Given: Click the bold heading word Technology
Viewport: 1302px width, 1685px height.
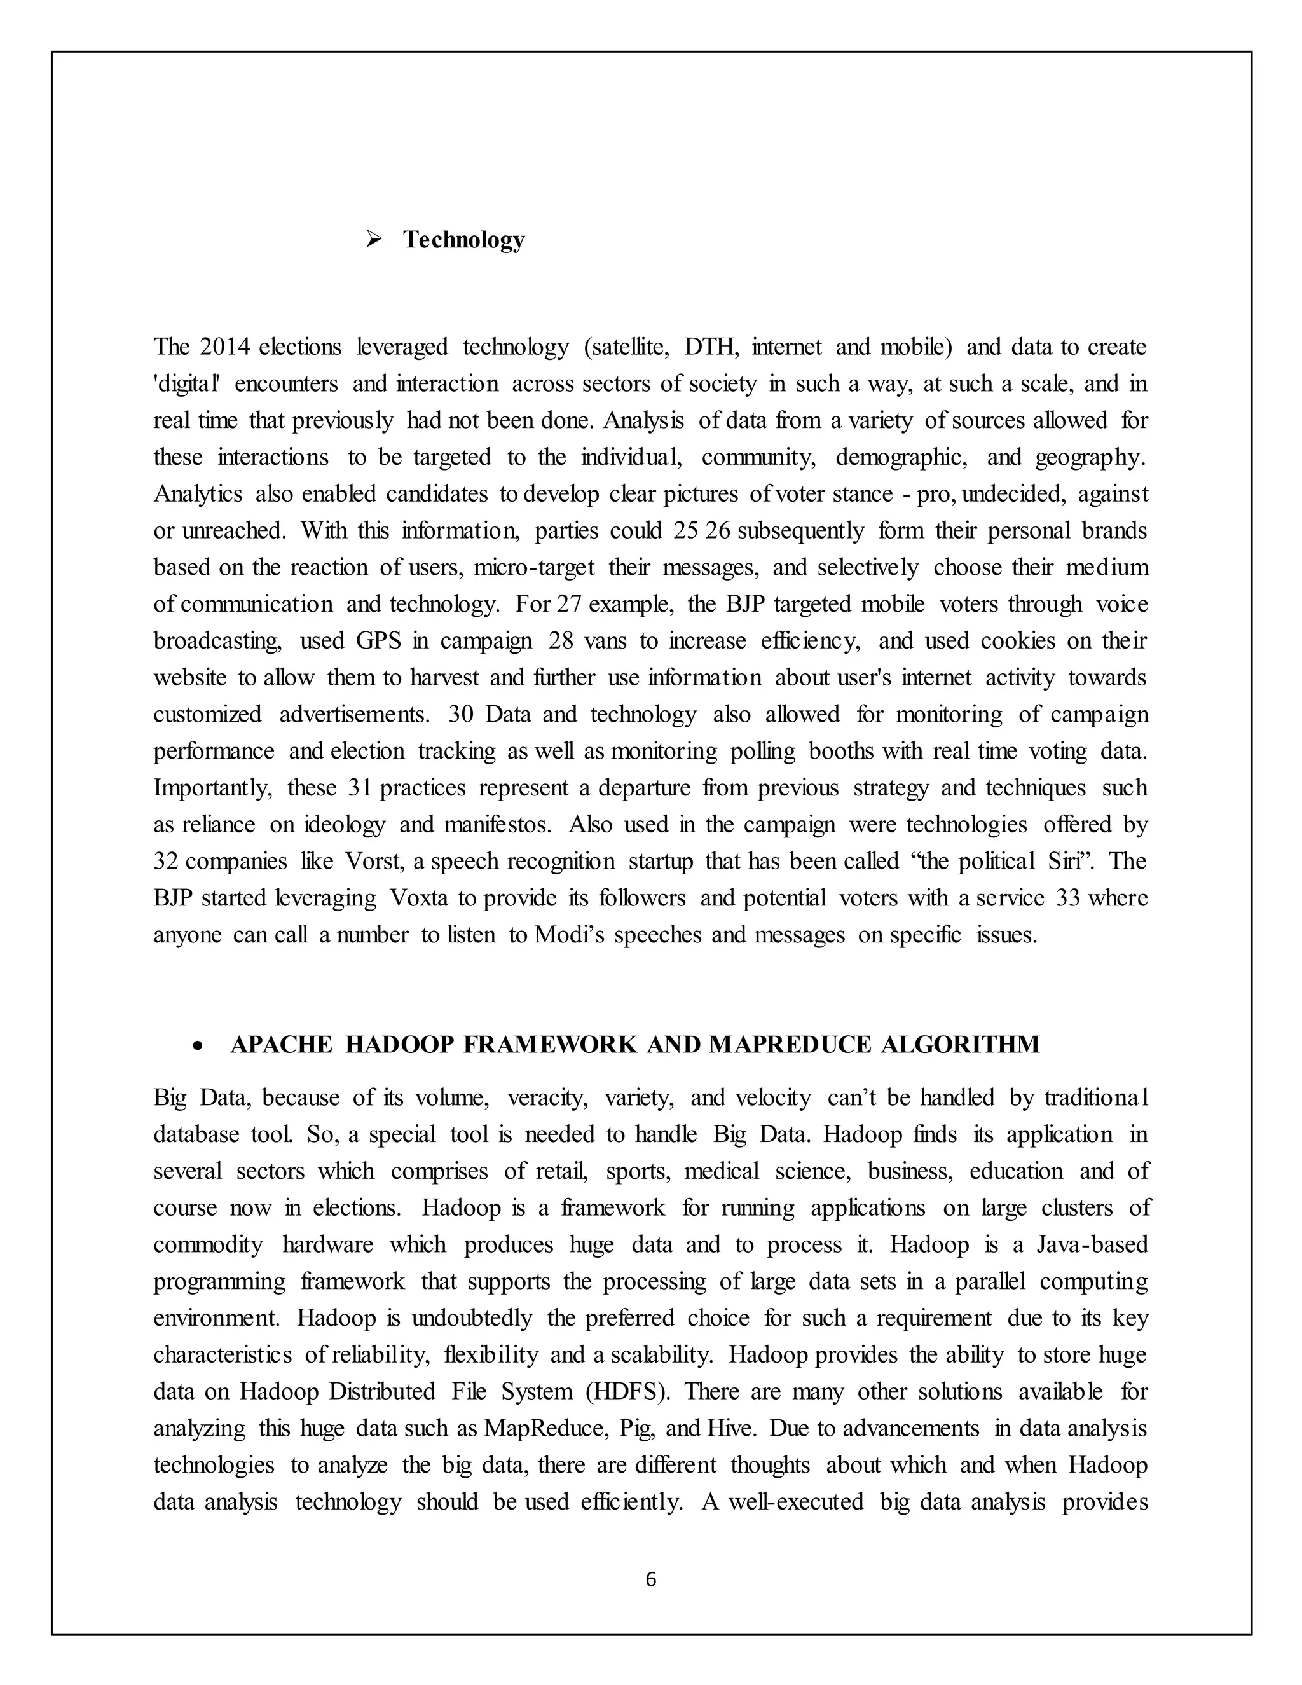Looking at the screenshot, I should click(463, 240).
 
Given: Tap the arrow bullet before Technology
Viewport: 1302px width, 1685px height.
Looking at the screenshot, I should click(375, 240).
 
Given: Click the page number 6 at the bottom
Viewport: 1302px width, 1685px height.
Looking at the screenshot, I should click(650, 1579).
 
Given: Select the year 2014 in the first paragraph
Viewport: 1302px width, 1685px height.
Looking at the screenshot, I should click(224, 347).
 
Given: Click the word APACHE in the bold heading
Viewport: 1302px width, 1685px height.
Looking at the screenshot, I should click(281, 1045).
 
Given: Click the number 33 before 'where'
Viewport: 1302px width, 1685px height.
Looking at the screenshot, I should click(1067, 898).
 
